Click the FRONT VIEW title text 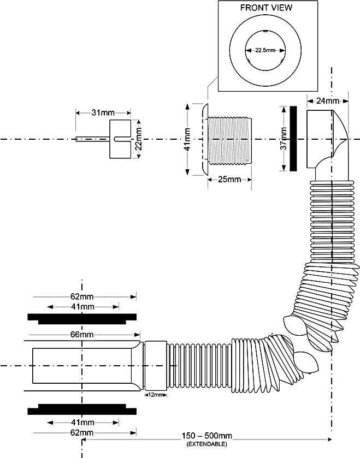pyautogui.click(x=266, y=8)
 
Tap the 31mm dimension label pyautogui.click(x=103, y=113)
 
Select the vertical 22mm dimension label pyautogui.click(x=139, y=139)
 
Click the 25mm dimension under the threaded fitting pyautogui.click(x=229, y=180)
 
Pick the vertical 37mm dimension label pyautogui.click(x=283, y=139)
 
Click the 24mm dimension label pyautogui.click(x=327, y=100)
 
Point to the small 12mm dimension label pyautogui.click(x=156, y=395)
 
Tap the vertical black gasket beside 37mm pyautogui.click(x=294, y=139)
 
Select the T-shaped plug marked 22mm pyautogui.click(x=121, y=139)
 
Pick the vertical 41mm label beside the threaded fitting pyautogui.click(x=187, y=140)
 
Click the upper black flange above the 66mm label pyautogui.click(x=82, y=318)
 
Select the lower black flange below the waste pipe pyautogui.click(x=82, y=410)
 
